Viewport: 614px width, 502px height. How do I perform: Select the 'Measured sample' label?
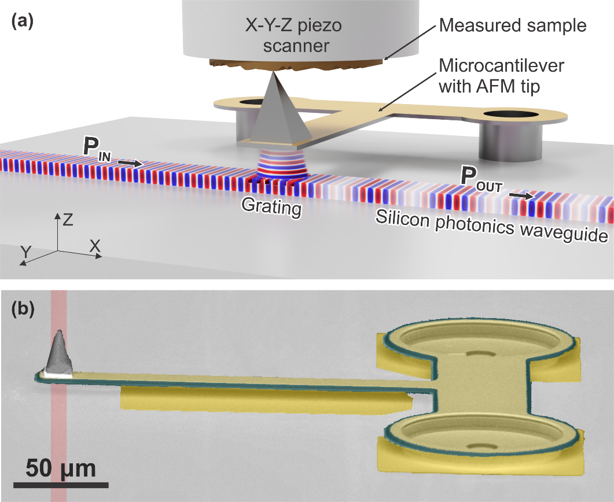click(513, 25)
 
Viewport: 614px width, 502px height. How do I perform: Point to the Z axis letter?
click(68, 219)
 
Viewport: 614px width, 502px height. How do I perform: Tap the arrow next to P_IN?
click(130, 164)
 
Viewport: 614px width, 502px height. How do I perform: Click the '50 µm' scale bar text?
click(60, 467)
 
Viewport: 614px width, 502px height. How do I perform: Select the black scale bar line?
click(60, 483)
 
